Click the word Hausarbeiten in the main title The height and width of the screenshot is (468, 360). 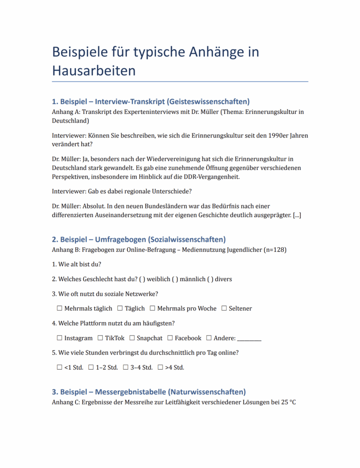pyautogui.click(x=94, y=71)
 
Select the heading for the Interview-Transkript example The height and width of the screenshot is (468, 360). pyautogui.click(x=151, y=101)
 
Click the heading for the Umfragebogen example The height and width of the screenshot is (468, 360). pyautogui.click(x=138, y=239)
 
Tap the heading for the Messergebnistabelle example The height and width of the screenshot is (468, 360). pyautogui.click(x=148, y=392)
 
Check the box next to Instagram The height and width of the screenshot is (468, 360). pyautogui.click(x=59, y=338)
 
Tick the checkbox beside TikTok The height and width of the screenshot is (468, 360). pyautogui.click(x=100, y=338)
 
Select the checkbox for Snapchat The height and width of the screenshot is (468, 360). pyautogui.click(x=132, y=338)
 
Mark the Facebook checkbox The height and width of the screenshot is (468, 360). pyautogui.click(x=169, y=338)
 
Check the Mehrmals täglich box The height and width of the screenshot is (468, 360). pyautogui.click(x=59, y=308)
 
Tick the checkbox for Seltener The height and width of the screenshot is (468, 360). pyautogui.click(x=224, y=308)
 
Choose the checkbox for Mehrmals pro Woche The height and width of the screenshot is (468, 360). pyautogui.click(x=153, y=308)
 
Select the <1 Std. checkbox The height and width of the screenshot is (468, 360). pyautogui.click(x=59, y=367)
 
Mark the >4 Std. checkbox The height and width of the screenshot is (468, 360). pyautogui.click(x=160, y=367)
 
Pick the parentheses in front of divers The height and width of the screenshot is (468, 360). pyautogui.click(x=210, y=279)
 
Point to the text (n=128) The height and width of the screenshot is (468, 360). pyautogui.click(x=275, y=250)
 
